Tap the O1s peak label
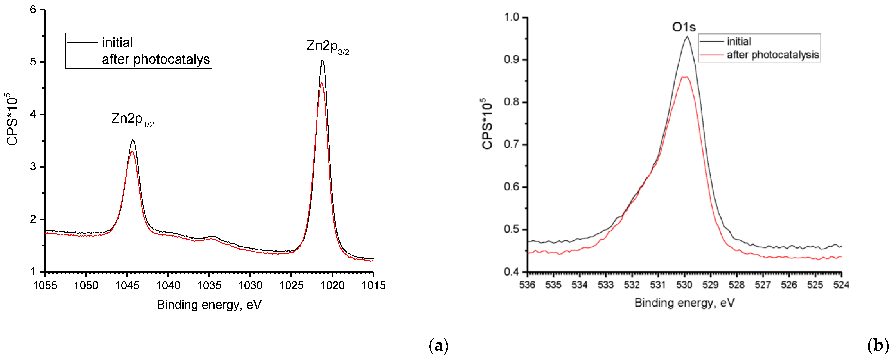tap(684, 27)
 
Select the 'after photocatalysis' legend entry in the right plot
tap(772, 55)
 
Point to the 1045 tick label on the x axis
tap(127, 286)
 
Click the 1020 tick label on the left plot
tap(332, 286)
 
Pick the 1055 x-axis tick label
tap(45, 286)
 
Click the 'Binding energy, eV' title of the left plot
tap(209, 305)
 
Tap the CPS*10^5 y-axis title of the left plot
tap(12, 119)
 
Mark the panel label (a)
tap(439, 346)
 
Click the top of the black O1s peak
tap(687, 37)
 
